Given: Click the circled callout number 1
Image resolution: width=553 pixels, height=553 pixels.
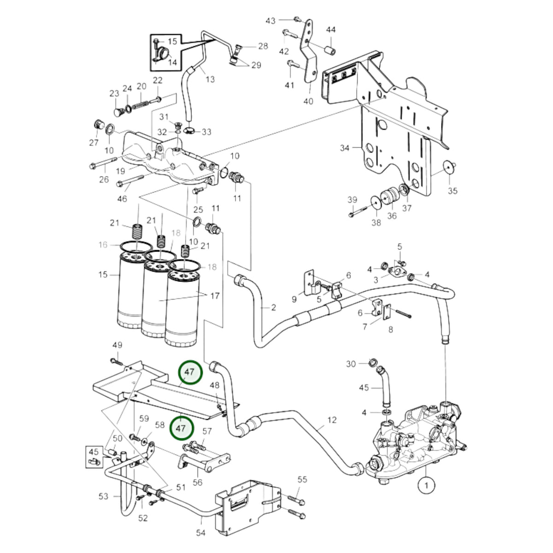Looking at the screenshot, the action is click(426, 486).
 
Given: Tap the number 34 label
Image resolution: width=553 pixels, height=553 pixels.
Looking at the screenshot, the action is click(345, 148).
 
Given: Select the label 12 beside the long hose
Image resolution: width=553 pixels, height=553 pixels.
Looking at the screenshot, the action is click(332, 420).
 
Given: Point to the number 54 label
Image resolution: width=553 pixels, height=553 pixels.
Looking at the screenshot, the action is click(200, 533).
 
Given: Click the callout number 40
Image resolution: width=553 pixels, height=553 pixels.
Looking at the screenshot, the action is click(308, 101).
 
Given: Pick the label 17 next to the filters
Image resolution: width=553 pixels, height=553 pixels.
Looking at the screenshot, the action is click(215, 295).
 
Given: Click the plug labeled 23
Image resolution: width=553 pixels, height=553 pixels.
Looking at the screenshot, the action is click(118, 112).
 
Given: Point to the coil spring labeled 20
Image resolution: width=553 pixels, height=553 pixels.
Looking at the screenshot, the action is click(141, 105).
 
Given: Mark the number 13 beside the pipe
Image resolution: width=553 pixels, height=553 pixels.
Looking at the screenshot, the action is click(210, 79).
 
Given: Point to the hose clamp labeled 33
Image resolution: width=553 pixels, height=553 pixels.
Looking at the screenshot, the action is click(189, 131).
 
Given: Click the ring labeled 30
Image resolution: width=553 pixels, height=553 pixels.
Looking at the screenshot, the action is click(372, 363).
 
